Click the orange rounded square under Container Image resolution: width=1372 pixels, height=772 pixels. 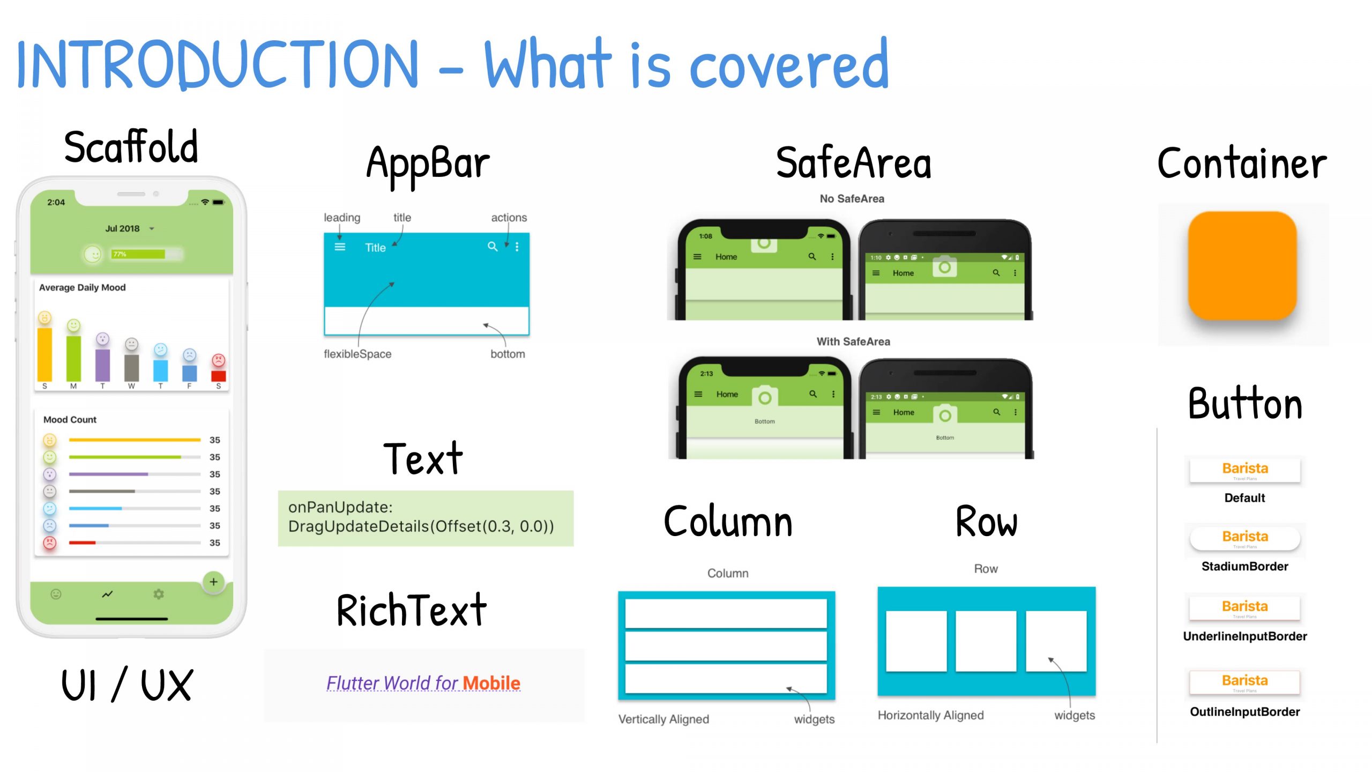click(1242, 266)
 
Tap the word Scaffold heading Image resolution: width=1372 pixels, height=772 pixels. click(131, 147)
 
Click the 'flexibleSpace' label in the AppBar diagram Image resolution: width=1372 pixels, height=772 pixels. click(357, 354)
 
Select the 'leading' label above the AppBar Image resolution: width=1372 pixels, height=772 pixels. click(342, 218)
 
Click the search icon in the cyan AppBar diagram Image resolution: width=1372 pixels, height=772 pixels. click(492, 247)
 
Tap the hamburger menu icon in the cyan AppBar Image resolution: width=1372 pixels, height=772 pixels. click(340, 247)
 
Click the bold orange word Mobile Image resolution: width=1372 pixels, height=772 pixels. click(491, 683)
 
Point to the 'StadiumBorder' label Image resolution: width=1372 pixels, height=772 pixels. click(1244, 566)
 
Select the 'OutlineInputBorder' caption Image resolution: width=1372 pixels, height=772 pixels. click(1244, 712)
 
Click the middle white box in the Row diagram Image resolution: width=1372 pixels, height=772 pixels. click(986, 641)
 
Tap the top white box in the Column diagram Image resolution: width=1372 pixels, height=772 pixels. click(726, 613)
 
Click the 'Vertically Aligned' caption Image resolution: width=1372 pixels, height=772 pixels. click(663, 719)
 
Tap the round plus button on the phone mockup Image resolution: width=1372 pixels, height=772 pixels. click(213, 582)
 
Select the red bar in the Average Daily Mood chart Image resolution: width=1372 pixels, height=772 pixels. click(218, 376)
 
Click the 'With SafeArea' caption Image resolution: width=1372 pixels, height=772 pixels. click(853, 342)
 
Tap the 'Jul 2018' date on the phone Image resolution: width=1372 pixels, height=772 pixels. click(123, 228)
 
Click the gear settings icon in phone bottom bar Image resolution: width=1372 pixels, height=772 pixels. click(159, 594)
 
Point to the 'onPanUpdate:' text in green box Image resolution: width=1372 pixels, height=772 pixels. click(340, 507)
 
